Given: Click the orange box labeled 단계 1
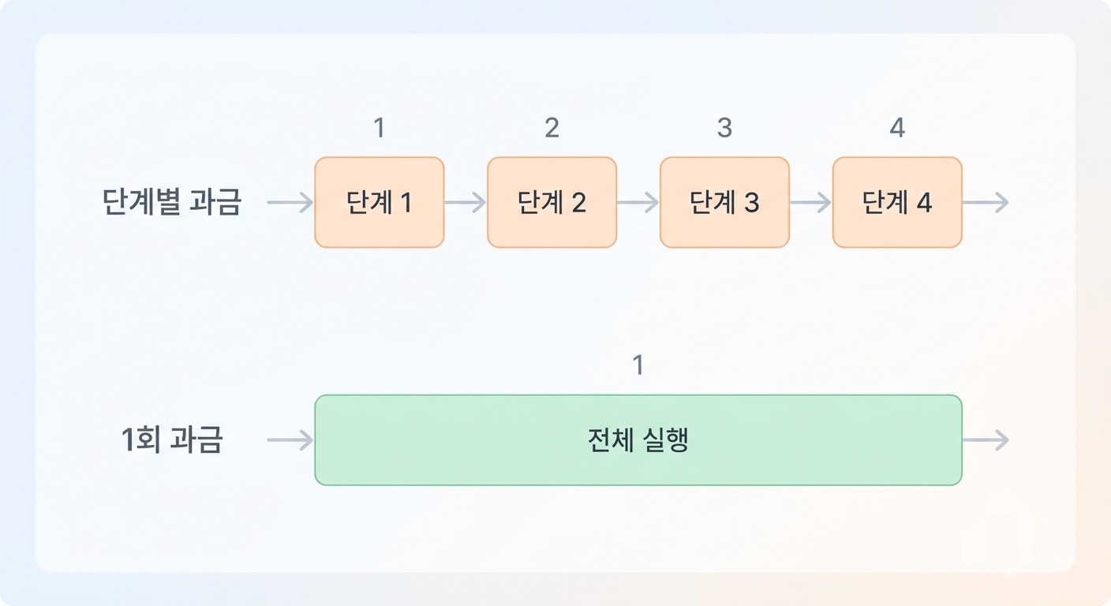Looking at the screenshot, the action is [380, 202].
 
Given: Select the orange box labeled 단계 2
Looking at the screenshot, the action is [552, 202].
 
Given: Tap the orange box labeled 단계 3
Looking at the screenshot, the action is [724, 202].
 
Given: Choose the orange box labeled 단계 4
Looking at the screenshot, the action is [897, 202].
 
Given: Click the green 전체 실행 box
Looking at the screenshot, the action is [638, 440].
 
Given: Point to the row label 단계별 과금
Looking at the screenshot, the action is [171, 202].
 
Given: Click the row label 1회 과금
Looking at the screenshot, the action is [171, 440].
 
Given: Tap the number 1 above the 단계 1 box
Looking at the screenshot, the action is [380, 128].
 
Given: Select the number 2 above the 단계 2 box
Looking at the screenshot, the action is [552, 128].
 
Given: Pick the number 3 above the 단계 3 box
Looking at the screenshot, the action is [724, 128].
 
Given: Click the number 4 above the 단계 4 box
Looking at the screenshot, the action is [897, 128].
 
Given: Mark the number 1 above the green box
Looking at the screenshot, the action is [638, 365].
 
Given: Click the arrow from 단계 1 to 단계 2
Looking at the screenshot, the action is [466, 202].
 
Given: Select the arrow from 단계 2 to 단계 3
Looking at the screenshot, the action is [638, 202].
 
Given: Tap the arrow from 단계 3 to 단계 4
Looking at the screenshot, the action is [810, 202].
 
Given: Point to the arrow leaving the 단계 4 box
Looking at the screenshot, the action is [986, 202].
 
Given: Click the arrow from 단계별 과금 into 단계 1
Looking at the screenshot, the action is [290, 202].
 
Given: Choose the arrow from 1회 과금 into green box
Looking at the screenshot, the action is [290, 440].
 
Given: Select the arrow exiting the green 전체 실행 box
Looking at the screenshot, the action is [986, 440].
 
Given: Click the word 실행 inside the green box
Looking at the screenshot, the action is [665, 440].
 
